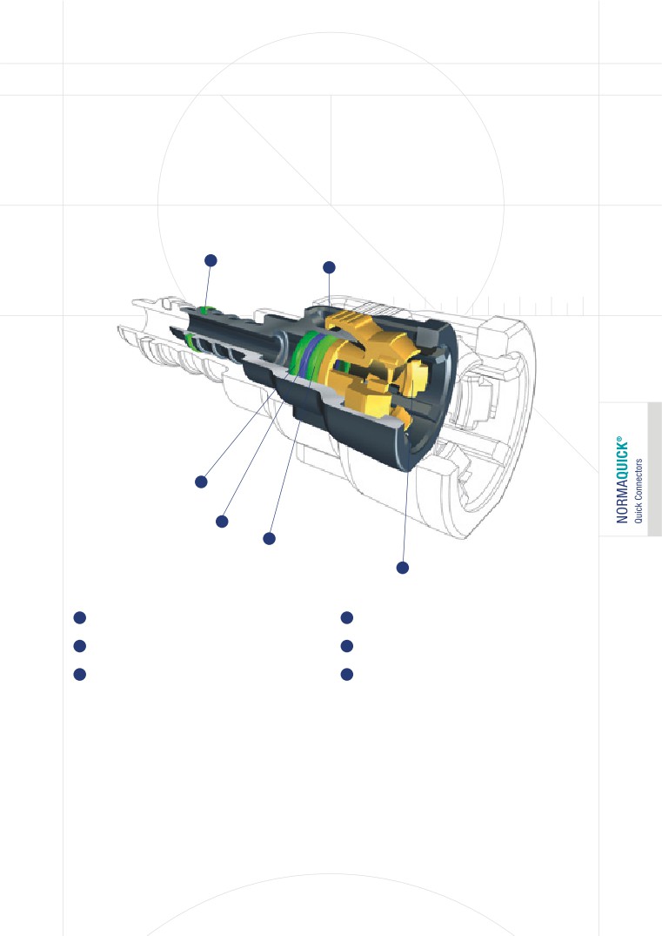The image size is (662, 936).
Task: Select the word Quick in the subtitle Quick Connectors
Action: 639,511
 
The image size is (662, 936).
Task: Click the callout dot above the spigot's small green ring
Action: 209,259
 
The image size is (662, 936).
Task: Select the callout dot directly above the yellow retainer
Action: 329,266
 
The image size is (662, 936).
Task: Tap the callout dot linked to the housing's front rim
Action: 402,568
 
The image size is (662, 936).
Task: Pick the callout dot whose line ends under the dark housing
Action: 269,539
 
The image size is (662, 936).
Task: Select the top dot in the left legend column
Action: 78,617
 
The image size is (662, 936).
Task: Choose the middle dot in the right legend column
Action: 346,646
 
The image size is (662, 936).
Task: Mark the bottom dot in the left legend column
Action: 78,675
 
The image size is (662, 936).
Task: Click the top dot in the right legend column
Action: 346,617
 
